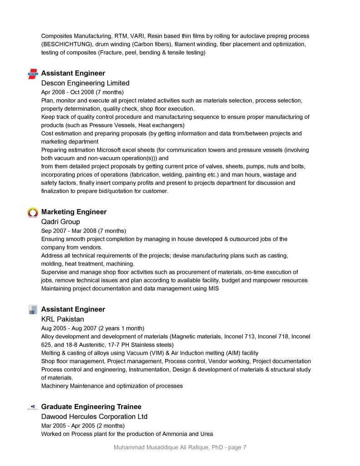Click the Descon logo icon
pyautogui.click(x=33, y=74)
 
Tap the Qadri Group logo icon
pyautogui.click(x=33, y=212)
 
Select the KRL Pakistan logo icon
pyautogui.click(x=33, y=310)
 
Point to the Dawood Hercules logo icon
pyautogui.click(x=33, y=407)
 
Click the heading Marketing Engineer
pyautogui.click(x=74, y=212)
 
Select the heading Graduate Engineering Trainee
pyautogui.click(x=91, y=407)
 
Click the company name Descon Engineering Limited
pyautogui.click(x=85, y=83)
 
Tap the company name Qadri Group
pyautogui.click(x=61, y=222)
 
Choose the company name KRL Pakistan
pyautogui.click(x=62, y=319)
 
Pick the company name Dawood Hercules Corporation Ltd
pyautogui.click(x=94, y=417)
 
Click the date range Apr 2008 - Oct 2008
pyautogui.click(x=67, y=92)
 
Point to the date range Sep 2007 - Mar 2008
pyautogui.click(x=68, y=230)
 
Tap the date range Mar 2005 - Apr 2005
pyautogui.click(x=67, y=425)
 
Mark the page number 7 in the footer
pyautogui.click(x=244, y=447)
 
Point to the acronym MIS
pyautogui.click(x=213, y=289)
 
